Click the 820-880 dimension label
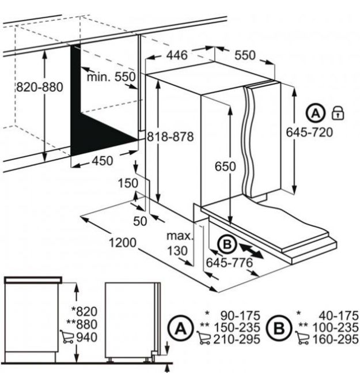click(x=40, y=87)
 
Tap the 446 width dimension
click(x=177, y=55)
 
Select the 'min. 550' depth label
click(x=111, y=77)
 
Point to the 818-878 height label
click(x=170, y=137)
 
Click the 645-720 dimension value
click(x=309, y=132)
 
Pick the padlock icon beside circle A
click(x=338, y=113)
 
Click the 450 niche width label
click(x=103, y=161)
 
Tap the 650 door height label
click(x=225, y=166)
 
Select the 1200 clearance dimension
click(x=123, y=243)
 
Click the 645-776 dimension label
click(x=229, y=263)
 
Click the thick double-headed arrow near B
click(x=251, y=251)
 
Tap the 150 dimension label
click(x=128, y=183)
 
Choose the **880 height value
click(x=82, y=324)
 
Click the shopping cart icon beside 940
click(x=67, y=337)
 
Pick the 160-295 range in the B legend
click(x=335, y=339)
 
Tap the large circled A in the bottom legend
click(x=181, y=328)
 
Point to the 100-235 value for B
click(x=335, y=327)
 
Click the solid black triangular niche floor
click(x=98, y=135)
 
